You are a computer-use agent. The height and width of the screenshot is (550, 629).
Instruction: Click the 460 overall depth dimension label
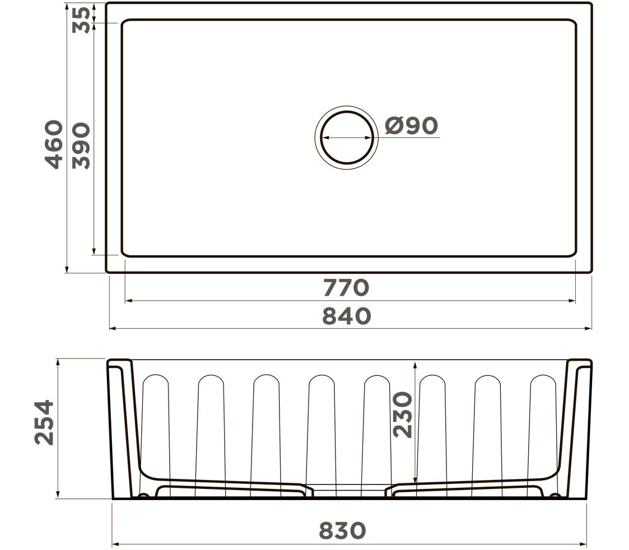54,145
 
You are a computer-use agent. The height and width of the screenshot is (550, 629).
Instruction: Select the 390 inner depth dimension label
81,146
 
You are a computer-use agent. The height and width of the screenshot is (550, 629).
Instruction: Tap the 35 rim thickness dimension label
81,20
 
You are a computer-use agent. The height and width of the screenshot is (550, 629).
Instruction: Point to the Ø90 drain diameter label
411,125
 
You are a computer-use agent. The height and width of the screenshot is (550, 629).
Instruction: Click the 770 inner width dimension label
346,288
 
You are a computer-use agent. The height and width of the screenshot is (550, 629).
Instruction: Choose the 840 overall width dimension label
347,316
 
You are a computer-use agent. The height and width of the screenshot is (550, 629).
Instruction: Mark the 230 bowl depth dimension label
402,415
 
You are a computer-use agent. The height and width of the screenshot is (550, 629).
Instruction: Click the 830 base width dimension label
342,530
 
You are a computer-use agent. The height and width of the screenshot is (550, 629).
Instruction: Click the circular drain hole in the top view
347,138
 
